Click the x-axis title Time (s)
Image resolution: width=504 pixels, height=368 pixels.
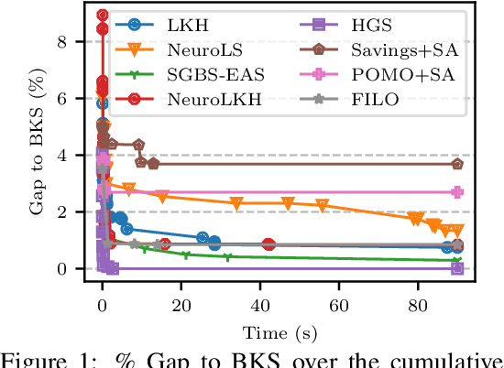point(279,330)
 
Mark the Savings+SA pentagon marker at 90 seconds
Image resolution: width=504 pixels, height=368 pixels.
point(457,164)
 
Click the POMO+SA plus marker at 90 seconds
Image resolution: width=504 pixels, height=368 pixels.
point(457,192)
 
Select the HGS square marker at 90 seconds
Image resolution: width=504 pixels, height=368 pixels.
point(457,268)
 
